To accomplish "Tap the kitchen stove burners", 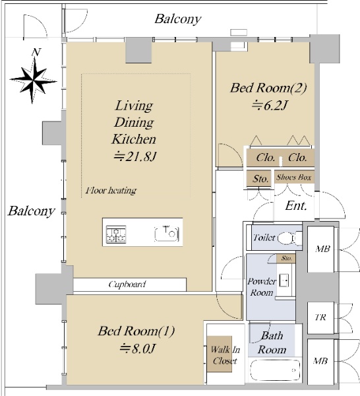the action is coord(116,234).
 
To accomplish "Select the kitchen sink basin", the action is coord(167,234).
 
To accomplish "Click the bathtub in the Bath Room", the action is coord(275,370).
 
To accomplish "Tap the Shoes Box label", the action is coord(293,178).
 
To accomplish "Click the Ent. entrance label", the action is coord(296,205).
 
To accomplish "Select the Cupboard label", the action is coord(127,284).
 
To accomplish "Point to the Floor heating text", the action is coord(111,190).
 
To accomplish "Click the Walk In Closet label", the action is coord(225,355).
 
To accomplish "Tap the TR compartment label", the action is coord(320,317).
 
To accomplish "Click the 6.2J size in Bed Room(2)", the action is coord(270,106).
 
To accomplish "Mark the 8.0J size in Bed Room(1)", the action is coord(137,348).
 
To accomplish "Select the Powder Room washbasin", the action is coord(284,280).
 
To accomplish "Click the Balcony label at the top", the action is coord(178,19).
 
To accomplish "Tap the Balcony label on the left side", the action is coord(31,211).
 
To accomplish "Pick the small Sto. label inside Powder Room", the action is coord(286,258).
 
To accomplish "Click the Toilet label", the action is coord(264,238).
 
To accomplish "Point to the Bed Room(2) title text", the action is coord(268,88).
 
